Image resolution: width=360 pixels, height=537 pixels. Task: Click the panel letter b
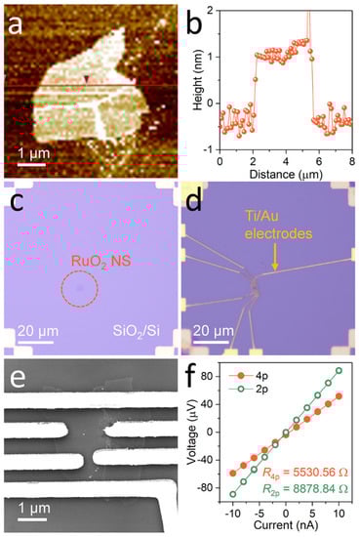[x=193, y=18]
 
